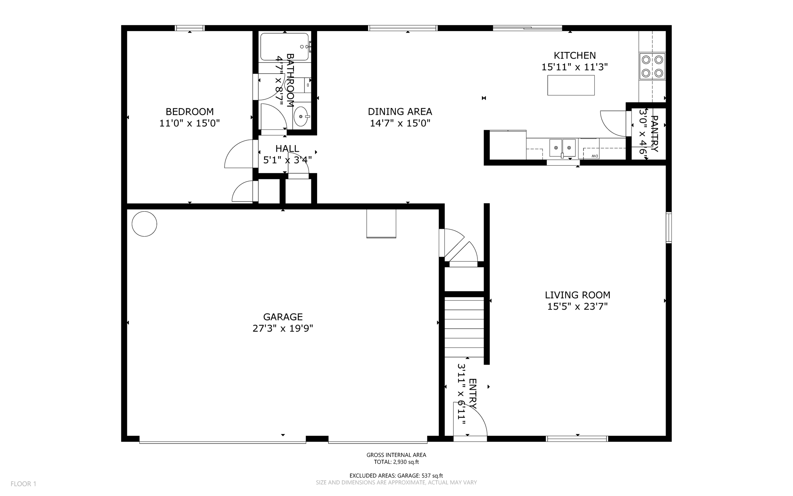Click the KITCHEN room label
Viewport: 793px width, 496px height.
tap(574, 55)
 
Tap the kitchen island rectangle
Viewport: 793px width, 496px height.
tap(571, 85)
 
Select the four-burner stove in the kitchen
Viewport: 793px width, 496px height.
tap(652, 66)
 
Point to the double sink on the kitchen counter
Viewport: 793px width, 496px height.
tap(562, 148)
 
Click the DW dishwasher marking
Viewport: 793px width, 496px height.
tap(594, 156)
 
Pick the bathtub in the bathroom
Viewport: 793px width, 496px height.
tap(285, 47)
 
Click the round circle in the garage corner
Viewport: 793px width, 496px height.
tap(144, 224)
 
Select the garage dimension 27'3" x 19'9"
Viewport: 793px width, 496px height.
tap(283, 328)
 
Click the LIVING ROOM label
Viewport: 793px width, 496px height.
tap(577, 295)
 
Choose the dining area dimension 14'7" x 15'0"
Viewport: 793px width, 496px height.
tap(400, 123)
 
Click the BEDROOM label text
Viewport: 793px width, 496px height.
tap(189, 112)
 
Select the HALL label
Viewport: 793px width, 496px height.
tap(287, 149)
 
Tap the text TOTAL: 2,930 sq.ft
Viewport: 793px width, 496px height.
tap(396, 462)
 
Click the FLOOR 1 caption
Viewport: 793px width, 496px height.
tap(23, 484)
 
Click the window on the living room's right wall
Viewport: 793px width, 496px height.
tap(668, 228)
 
